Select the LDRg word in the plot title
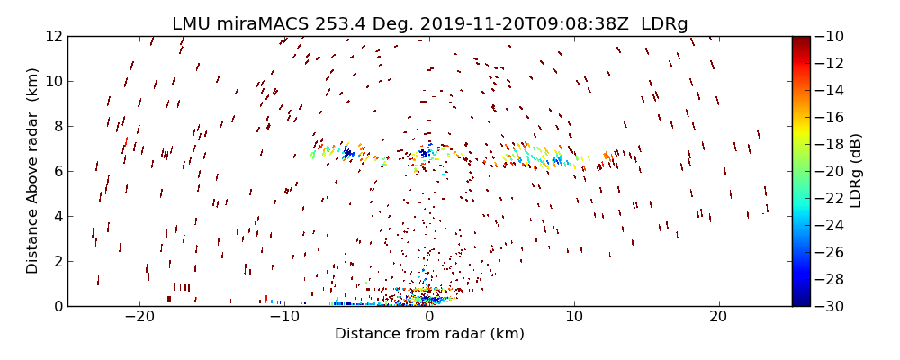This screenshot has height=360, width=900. coord(664,24)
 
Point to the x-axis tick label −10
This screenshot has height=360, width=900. coord(284,318)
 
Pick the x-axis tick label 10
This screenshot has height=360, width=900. coord(573,318)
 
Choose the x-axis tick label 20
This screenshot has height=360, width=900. coord(718,318)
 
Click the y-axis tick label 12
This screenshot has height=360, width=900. coord(53,36)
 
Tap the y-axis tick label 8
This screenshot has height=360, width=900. coord(57,126)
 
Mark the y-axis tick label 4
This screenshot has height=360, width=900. coord(57,216)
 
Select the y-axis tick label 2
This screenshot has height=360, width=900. coord(57,261)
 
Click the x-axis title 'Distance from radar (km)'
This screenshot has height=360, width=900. coord(429,334)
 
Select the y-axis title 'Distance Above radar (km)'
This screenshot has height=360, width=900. coord(32,171)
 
